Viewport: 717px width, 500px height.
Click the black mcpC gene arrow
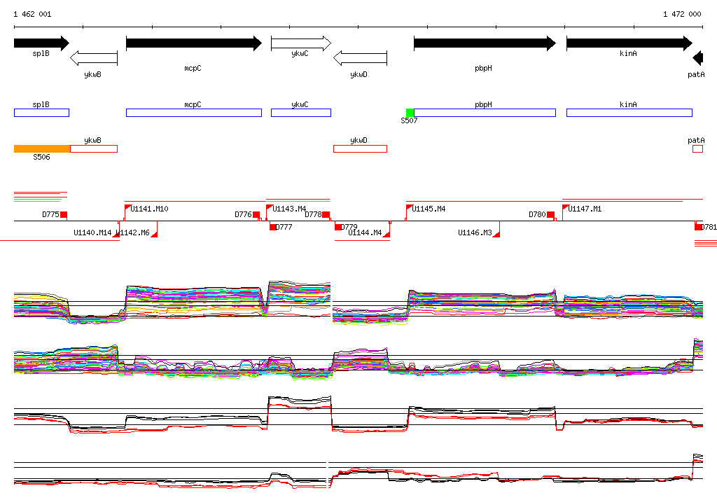[x=193, y=43]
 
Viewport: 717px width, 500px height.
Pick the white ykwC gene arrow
[x=300, y=43]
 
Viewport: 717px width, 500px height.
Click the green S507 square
[x=410, y=113]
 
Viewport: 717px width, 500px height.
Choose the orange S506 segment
[x=42, y=148]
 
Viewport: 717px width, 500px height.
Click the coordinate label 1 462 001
[x=32, y=14]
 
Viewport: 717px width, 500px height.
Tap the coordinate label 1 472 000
[x=682, y=14]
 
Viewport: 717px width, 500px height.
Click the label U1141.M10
[x=149, y=209]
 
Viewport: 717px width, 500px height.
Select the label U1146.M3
[x=475, y=232]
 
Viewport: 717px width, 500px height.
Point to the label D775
[x=50, y=214]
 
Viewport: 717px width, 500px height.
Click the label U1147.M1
[x=585, y=209]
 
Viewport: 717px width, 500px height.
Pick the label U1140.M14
[x=92, y=232]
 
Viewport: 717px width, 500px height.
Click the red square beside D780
[x=550, y=214]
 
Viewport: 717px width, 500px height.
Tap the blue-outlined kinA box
[x=629, y=113]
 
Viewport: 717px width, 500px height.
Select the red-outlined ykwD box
[x=360, y=148]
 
